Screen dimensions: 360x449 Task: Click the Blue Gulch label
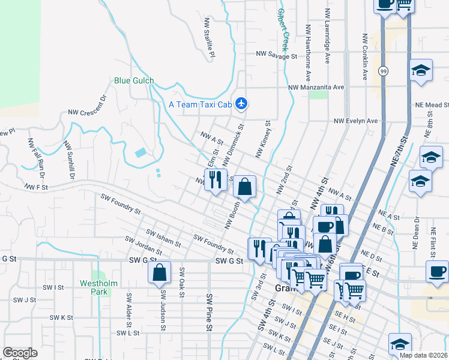(134, 80)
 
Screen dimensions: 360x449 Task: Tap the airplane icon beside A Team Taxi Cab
(241, 104)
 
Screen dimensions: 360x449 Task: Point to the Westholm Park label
(95, 287)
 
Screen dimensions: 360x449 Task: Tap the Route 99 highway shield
(382, 71)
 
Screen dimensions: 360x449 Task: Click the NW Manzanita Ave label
(316, 87)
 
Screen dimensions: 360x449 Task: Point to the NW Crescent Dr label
(87, 105)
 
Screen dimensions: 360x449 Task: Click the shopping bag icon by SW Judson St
(160, 272)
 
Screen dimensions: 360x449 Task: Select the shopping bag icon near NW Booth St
(244, 187)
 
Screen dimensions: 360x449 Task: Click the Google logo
(20, 353)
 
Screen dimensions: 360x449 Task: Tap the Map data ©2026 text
(424, 355)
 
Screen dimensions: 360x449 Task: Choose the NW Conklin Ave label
(364, 56)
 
